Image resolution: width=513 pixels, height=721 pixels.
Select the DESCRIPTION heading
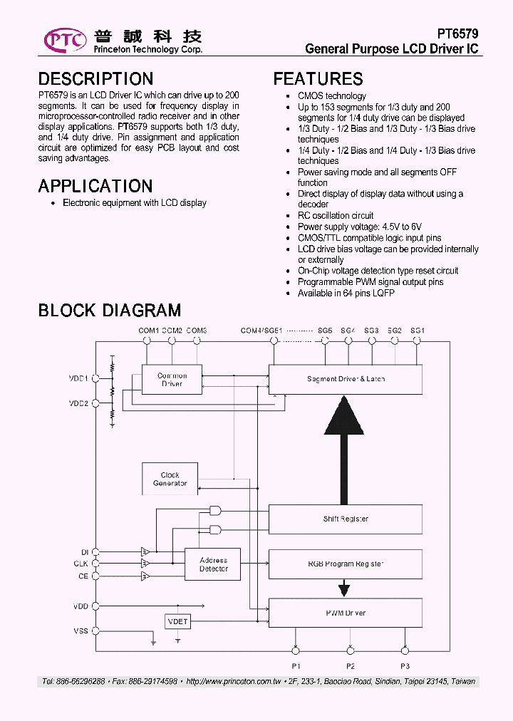[95, 79]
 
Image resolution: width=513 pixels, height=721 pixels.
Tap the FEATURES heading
[318, 79]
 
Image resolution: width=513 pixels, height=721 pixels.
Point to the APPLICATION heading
[95, 186]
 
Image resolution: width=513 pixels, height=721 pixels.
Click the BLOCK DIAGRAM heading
[109, 311]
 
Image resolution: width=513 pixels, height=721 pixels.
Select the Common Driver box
[172, 380]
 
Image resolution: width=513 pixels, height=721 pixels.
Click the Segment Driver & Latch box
[346, 379]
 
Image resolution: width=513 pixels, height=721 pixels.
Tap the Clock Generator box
[170, 479]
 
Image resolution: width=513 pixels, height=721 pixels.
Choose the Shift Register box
[346, 519]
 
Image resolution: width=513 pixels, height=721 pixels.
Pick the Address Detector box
[213, 565]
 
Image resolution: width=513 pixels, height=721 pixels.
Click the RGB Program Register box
[346, 564]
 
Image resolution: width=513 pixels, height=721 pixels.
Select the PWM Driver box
[346, 613]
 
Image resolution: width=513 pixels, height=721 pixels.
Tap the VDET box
[177, 621]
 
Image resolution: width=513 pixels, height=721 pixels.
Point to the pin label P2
[351, 666]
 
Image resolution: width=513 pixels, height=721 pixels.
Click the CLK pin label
[81, 564]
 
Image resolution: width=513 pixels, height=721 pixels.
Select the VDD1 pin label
[78, 379]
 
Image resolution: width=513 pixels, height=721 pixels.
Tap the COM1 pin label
[148, 331]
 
